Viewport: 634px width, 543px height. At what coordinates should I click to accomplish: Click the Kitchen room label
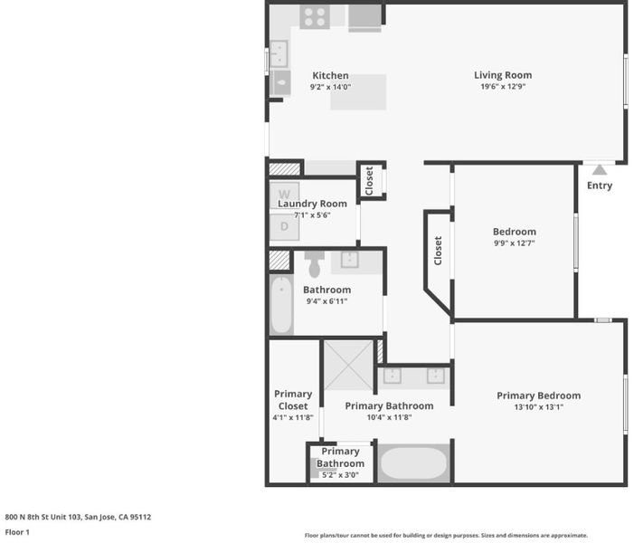(x=330, y=76)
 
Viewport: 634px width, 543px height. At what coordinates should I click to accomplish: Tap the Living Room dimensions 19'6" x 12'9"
(x=503, y=87)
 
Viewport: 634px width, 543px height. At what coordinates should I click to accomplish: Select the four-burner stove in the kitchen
(x=315, y=17)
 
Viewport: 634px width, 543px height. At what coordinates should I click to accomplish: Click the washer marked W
(x=285, y=194)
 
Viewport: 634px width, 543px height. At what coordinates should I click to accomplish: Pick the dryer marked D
(x=285, y=226)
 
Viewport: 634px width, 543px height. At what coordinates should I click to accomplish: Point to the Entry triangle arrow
(x=600, y=169)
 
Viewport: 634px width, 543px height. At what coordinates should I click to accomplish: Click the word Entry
(x=600, y=186)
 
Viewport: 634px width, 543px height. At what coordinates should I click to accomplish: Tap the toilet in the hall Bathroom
(x=315, y=263)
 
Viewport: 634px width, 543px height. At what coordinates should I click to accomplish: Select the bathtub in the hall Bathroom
(x=281, y=304)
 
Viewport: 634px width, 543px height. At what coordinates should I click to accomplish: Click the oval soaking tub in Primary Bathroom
(x=413, y=462)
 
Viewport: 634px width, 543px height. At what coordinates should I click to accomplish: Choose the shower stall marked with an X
(x=348, y=366)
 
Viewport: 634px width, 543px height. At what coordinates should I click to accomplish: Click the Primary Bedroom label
(x=538, y=395)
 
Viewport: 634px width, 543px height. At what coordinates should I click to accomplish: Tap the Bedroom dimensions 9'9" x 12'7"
(x=515, y=243)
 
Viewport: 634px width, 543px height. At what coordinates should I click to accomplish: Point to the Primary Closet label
(x=293, y=400)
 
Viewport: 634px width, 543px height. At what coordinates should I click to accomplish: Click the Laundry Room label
(x=312, y=204)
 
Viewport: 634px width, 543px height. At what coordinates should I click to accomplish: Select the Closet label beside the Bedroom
(x=438, y=251)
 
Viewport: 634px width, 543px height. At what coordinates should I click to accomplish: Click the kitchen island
(x=358, y=92)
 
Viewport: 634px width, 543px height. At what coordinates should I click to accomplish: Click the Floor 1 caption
(x=17, y=532)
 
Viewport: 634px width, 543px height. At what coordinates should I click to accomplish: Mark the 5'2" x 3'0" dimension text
(x=340, y=475)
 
